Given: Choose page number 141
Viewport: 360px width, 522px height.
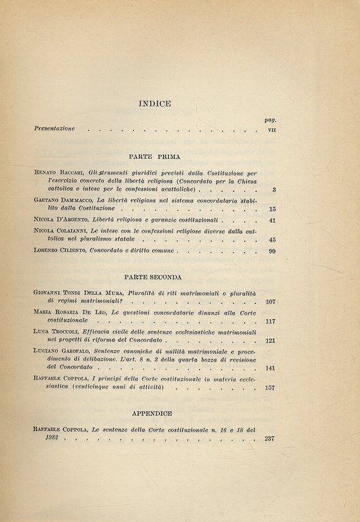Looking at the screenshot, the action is pos(269,368).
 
